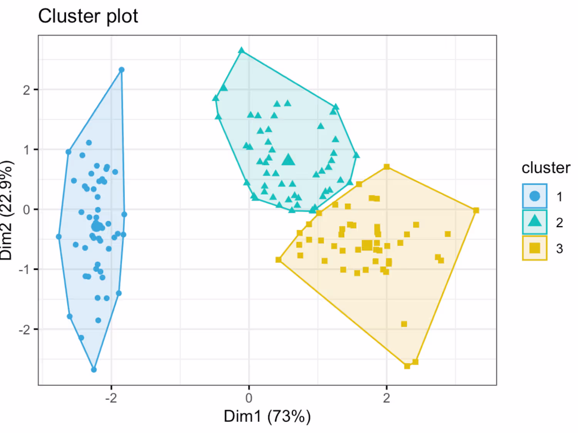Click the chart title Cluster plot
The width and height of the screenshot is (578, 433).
point(88,17)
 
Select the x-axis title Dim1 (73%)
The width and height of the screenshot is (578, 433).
point(267,416)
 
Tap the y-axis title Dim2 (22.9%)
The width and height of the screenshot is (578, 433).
point(7,210)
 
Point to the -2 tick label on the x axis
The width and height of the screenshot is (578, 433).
point(111,398)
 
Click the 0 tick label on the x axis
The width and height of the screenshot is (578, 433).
point(249,398)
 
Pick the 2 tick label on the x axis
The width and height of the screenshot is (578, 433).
point(386,398)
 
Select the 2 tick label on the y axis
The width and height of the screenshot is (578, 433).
point(26,90)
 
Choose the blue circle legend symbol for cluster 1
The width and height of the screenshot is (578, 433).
point(534,196)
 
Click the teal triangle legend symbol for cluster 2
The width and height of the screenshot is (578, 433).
point(534,222)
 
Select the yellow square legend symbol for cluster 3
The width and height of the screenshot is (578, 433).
point(534,248)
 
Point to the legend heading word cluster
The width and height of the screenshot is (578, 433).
point(546,168)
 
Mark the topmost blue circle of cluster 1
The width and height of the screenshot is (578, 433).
point(122,70)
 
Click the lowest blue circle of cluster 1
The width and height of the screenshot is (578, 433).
point(94,369)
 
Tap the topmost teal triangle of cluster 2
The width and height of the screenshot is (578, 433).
point(241,50)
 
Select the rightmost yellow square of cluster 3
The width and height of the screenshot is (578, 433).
point(476,211)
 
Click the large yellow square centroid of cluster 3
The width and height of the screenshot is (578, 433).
point(367,245)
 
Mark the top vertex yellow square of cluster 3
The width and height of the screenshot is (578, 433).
point(387,167)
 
